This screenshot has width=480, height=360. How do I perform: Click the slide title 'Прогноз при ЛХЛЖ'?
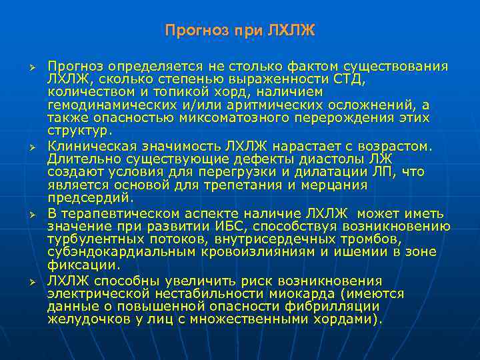click(239, 31)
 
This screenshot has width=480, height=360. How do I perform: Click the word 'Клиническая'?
click(85, 146)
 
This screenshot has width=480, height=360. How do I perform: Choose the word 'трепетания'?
click(247, 185)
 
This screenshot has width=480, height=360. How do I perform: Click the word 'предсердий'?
click(87, 198)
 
